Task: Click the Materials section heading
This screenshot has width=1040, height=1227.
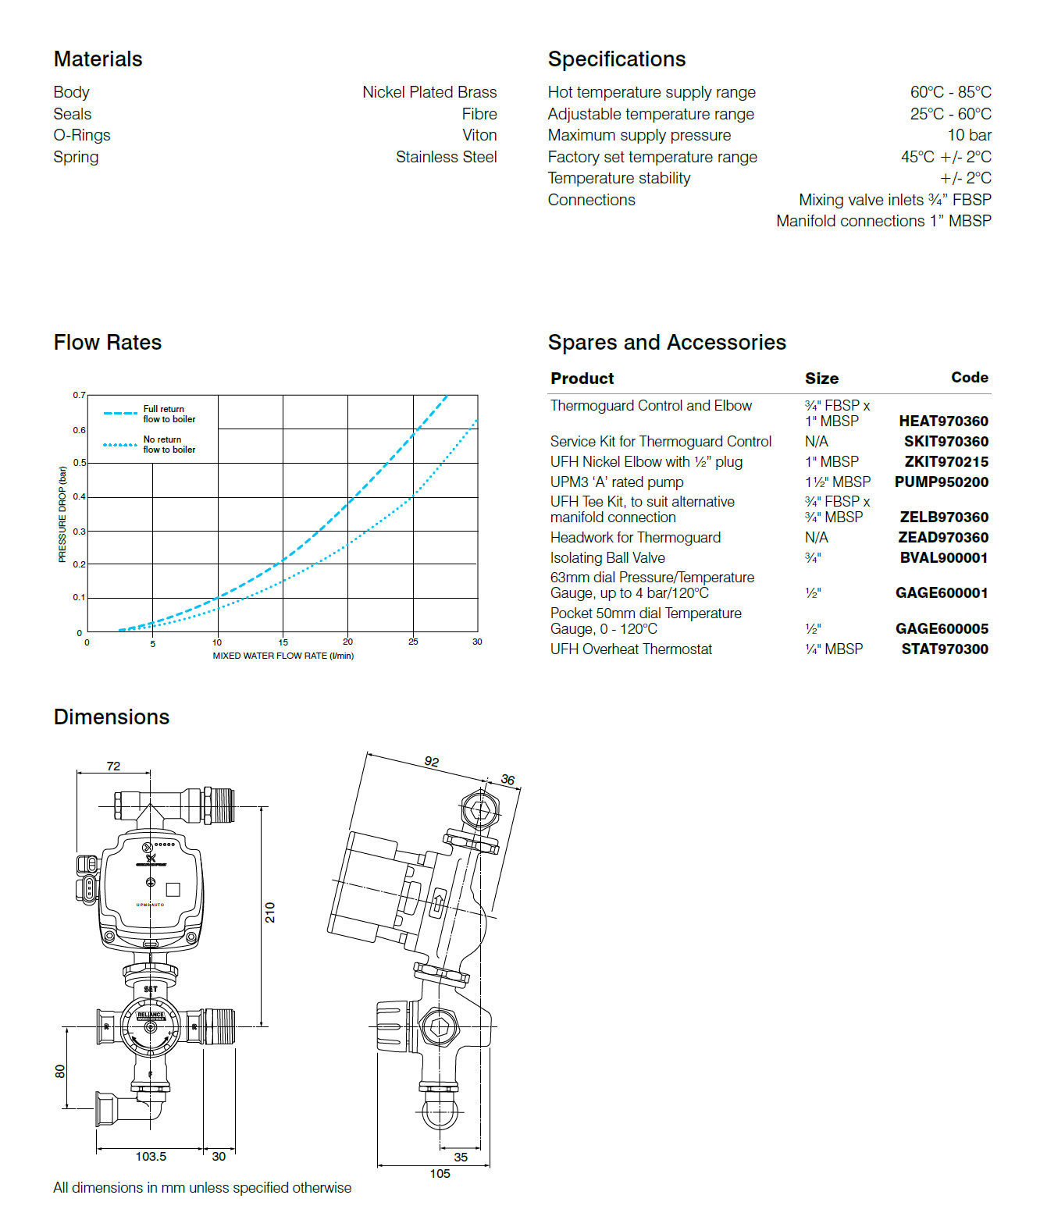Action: point(98,59)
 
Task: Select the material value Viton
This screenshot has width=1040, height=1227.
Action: point(479,135)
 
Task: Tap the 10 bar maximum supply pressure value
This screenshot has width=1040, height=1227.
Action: point(969,135)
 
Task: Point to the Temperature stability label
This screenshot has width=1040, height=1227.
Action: point(618,178)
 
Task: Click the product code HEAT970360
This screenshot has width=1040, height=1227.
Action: point(943,421)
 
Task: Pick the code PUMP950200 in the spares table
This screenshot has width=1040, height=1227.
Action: point(941,482)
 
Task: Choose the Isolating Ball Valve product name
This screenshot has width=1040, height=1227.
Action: point(607,557)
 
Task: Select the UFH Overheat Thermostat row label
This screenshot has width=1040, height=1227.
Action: point(631,649)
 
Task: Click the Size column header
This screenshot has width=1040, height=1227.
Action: point(821,379)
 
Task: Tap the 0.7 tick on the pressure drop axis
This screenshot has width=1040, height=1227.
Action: point(79,395)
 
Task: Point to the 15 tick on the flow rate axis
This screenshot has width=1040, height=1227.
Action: point(283,642)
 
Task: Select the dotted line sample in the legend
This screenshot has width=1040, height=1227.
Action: point(120,445)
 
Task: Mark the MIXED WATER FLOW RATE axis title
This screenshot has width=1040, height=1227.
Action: point(283,656)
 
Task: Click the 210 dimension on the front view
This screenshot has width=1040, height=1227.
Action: point(270,912)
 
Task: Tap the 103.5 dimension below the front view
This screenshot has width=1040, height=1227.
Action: point(151,1156)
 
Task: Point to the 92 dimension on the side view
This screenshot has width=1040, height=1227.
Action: point(432,761)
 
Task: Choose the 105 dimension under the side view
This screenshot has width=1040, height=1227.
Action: point(440,1173)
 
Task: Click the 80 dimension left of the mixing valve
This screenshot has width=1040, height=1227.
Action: point(60,1072)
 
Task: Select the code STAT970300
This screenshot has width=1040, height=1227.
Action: point(944,649)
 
